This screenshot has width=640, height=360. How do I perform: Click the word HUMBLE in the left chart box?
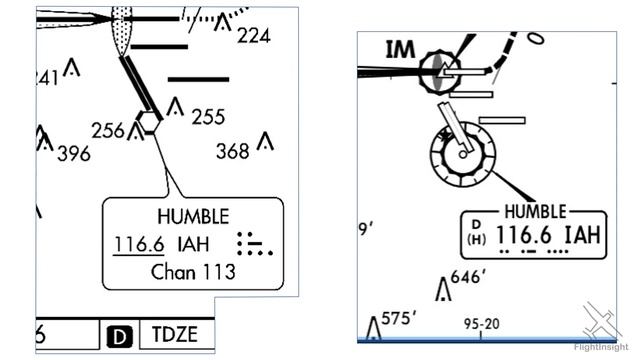click(x=193, y=217)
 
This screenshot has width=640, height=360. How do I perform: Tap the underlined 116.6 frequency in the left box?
click(x=138, y=243)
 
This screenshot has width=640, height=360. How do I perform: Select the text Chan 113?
click(x=193, y=271)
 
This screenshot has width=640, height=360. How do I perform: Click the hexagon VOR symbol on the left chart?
click(x=148, y=123)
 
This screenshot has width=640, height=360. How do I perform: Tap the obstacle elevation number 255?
click(x=208, y=117)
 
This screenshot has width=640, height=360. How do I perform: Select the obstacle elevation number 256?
click(x=107, y=131)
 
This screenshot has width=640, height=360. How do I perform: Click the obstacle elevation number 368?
click(x=233, y=151)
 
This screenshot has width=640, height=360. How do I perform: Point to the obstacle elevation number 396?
click(x=73, y=154)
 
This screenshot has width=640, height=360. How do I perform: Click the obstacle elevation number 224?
click(x=254, y=37)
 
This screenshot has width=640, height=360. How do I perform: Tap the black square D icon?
click(x=119, y=336)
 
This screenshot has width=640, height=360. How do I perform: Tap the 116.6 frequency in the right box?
click(x=526, y=236)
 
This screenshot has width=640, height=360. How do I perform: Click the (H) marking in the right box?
click(x=476, y=240)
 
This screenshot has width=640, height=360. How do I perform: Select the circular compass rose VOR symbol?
click(x=462, y=153)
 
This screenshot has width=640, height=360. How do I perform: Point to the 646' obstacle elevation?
click(x=468, y=277)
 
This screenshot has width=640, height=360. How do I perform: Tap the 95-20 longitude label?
click(x=482, y=324)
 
